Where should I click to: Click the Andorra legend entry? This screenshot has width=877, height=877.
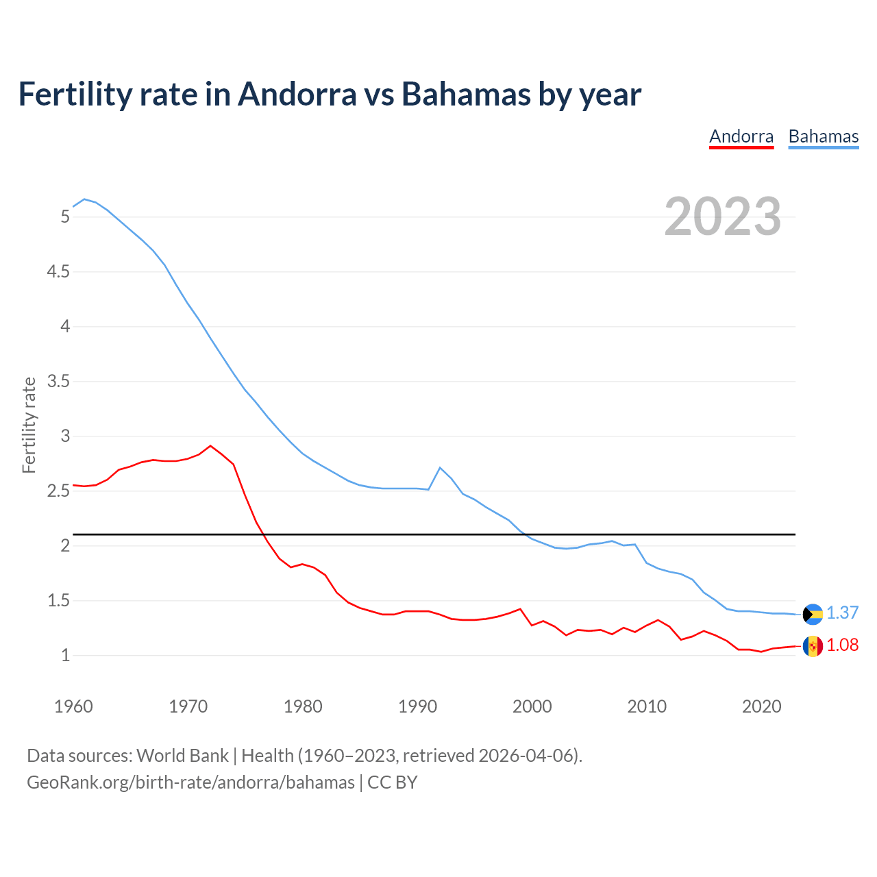741,136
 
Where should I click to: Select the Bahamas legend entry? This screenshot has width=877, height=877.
823,136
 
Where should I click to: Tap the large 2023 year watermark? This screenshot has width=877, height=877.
722,217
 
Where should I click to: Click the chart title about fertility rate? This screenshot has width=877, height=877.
330,94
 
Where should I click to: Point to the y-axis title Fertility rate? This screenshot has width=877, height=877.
29,425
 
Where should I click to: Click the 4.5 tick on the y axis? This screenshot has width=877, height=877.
58,272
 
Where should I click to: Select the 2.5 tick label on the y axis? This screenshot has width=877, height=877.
58,491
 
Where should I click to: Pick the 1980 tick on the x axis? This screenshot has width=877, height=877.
303,706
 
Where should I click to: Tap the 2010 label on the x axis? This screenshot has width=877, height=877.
647,706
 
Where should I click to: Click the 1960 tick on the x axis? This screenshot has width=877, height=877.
73,706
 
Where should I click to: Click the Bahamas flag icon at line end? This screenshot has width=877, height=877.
813,614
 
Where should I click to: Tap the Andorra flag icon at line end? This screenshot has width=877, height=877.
813,646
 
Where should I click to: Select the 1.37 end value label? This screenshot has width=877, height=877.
842,613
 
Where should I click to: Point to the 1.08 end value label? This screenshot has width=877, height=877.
842,645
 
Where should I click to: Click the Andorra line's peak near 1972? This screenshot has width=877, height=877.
210,446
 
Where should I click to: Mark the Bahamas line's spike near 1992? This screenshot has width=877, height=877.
440,467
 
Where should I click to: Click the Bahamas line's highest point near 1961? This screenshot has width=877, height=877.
84,199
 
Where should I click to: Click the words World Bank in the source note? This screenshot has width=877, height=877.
182,756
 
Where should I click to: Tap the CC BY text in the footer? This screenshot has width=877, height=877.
393,782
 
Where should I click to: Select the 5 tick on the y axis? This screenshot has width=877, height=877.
65,217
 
